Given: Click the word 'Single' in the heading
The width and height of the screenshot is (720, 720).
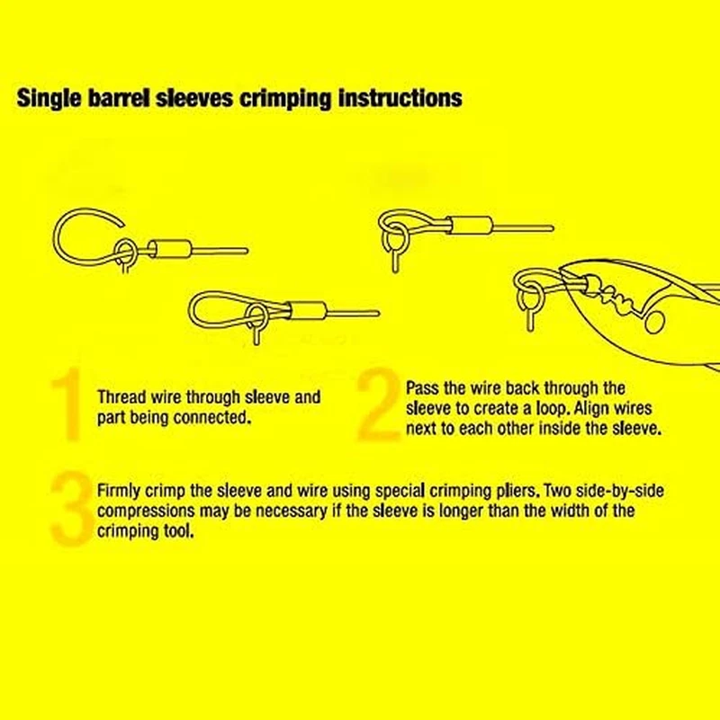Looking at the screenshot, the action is tap(49, 98).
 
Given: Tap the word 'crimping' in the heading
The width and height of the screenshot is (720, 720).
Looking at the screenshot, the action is tap(285, 98).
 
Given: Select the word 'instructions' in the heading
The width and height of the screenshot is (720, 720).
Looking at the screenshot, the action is tap(400, 97).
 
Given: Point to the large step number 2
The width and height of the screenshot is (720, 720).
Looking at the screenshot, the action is tap(378, 404).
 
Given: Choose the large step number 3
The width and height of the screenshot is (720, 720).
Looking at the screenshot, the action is tap(72, 509).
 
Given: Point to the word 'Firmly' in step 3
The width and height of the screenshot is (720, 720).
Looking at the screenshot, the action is tap(119, 491).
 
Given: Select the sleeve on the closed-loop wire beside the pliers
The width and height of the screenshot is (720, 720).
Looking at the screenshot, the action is tap(472, 226).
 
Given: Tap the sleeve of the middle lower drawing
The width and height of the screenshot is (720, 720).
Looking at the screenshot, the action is tap(307, 310).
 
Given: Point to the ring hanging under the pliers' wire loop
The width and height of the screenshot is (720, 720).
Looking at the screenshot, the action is tap(526, 299).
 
